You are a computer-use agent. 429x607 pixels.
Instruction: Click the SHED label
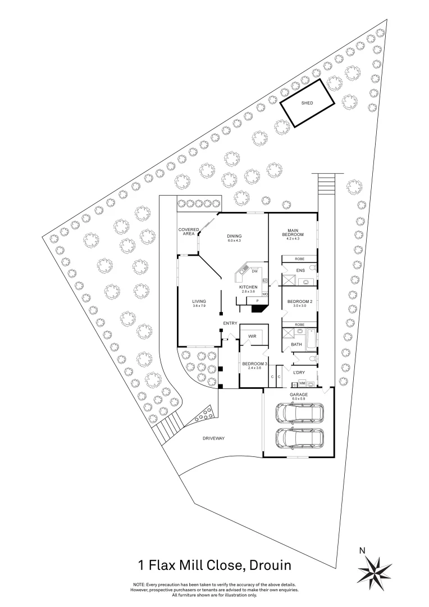[307, 103]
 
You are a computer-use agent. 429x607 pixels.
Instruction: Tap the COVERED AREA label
[189, 232]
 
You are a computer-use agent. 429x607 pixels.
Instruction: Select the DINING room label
[234, 236]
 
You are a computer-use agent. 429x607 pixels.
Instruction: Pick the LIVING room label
[199, 301]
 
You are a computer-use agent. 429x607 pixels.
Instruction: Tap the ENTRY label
[230, 323]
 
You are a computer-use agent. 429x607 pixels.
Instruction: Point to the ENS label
[300, 271]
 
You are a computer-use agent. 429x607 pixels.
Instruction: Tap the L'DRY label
[299, 372]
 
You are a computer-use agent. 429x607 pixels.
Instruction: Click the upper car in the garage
[298, 413]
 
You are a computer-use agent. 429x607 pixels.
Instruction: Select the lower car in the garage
[298, 438]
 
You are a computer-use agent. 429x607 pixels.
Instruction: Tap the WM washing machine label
[302, 384]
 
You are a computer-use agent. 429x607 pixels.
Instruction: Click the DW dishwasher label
[254, 271]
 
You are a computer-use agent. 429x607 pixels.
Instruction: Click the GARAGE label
[298, 395]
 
